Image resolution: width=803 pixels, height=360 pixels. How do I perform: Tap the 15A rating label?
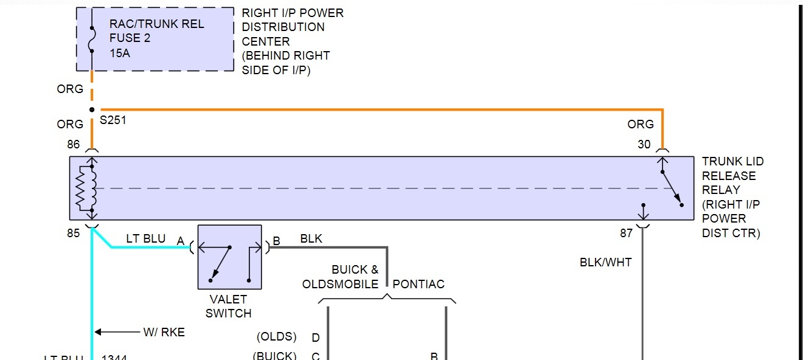coord(120,53)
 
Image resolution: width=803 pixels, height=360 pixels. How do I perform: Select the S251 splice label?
coord(113,120)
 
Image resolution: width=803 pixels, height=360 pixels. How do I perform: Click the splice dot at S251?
coord(92,110)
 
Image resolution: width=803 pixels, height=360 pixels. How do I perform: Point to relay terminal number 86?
coord(74,145)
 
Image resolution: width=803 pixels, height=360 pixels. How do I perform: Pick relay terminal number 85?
coord(74,233)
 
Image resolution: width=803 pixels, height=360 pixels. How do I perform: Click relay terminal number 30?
coord(644,145)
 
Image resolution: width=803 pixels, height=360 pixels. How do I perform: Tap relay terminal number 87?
coord(627,233)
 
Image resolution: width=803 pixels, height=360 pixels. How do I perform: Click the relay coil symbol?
coord(86,189)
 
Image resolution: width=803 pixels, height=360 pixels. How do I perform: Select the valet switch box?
coord(229,257)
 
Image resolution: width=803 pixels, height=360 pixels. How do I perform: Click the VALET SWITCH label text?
coord(228,306)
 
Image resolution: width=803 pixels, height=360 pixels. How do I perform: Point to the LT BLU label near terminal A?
coord(145,238)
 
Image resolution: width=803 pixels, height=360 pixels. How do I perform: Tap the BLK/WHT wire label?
coord(605,262)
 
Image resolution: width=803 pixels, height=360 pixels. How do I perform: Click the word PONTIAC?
coord(419,284)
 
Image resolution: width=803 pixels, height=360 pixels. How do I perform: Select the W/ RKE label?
coord(164,332)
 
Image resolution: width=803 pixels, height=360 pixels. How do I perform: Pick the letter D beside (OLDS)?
coord(316,337)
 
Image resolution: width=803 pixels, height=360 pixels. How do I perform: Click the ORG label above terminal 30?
coord(641,124)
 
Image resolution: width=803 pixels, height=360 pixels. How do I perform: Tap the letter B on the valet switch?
coord(276,241)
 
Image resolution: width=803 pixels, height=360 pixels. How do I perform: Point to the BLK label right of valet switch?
coord(311,238)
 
